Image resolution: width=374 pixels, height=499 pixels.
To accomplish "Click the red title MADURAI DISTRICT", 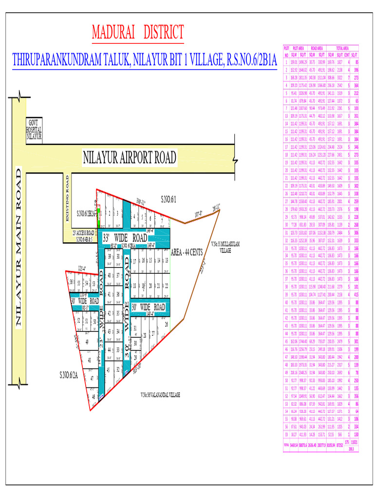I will click(138, 33).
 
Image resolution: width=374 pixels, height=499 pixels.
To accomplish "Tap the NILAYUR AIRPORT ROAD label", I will click(130, 158).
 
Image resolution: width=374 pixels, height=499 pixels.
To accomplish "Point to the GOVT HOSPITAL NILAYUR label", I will click(35, 130).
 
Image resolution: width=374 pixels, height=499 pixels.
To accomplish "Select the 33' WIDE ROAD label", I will click(125, 238).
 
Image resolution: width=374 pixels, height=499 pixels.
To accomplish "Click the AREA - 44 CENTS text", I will click(187, 252).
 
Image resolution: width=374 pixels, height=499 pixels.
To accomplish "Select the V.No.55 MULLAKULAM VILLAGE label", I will click(224, 247).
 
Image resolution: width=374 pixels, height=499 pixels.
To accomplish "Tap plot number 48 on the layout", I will click(89, 361).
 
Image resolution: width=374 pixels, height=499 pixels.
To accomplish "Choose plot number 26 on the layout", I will click(166, 324).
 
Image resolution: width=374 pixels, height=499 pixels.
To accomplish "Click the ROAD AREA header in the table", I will click(318, 48).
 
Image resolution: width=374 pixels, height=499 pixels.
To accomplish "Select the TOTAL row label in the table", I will click(286, 445).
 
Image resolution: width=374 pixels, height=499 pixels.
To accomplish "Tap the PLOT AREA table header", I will click(298, 48).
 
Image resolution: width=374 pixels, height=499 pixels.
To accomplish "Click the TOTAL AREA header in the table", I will click(343, 48).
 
